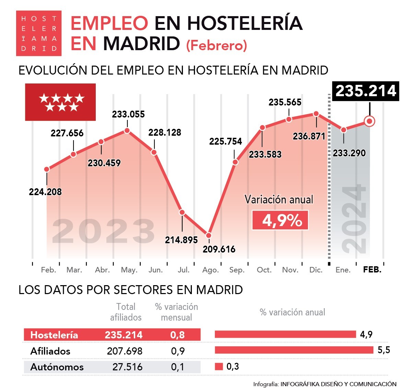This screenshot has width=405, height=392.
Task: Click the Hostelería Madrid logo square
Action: [x=39, y=33]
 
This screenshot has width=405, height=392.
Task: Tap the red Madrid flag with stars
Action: [x=60, y=102]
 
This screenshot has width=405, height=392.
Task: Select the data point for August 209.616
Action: [x=209, y=235]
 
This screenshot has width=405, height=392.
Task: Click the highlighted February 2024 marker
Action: [x=370, y=121]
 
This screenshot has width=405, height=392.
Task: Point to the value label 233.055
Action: [x=128, y=114]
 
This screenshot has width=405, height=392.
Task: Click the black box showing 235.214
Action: [x=366, y=91]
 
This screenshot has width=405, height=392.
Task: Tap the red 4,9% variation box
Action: [x=280, y=220]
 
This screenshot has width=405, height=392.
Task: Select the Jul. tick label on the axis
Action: [x=184, y=270]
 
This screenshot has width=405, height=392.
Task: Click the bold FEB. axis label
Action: [x=372, y=270]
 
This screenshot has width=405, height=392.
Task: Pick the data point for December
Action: [x=316, y=114]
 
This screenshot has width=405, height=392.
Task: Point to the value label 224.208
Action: [x=45, y=192]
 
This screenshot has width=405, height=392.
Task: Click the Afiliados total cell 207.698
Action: [x=125, y=351]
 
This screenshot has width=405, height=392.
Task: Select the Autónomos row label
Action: [x=57, y=367]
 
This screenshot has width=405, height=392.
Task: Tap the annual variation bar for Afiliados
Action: [x=294, y=350]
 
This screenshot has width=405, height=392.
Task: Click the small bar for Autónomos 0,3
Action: [x=219, y=367]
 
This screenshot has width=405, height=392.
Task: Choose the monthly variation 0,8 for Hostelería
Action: [x=177, y=335]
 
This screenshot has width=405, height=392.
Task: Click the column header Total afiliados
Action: [x=126, y=312]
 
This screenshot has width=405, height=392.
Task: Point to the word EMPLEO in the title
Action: [x=109, y=23]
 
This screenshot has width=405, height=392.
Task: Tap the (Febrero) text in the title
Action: [x=217, y=45]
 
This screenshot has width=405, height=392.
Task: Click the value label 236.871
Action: [x=309, y=136]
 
